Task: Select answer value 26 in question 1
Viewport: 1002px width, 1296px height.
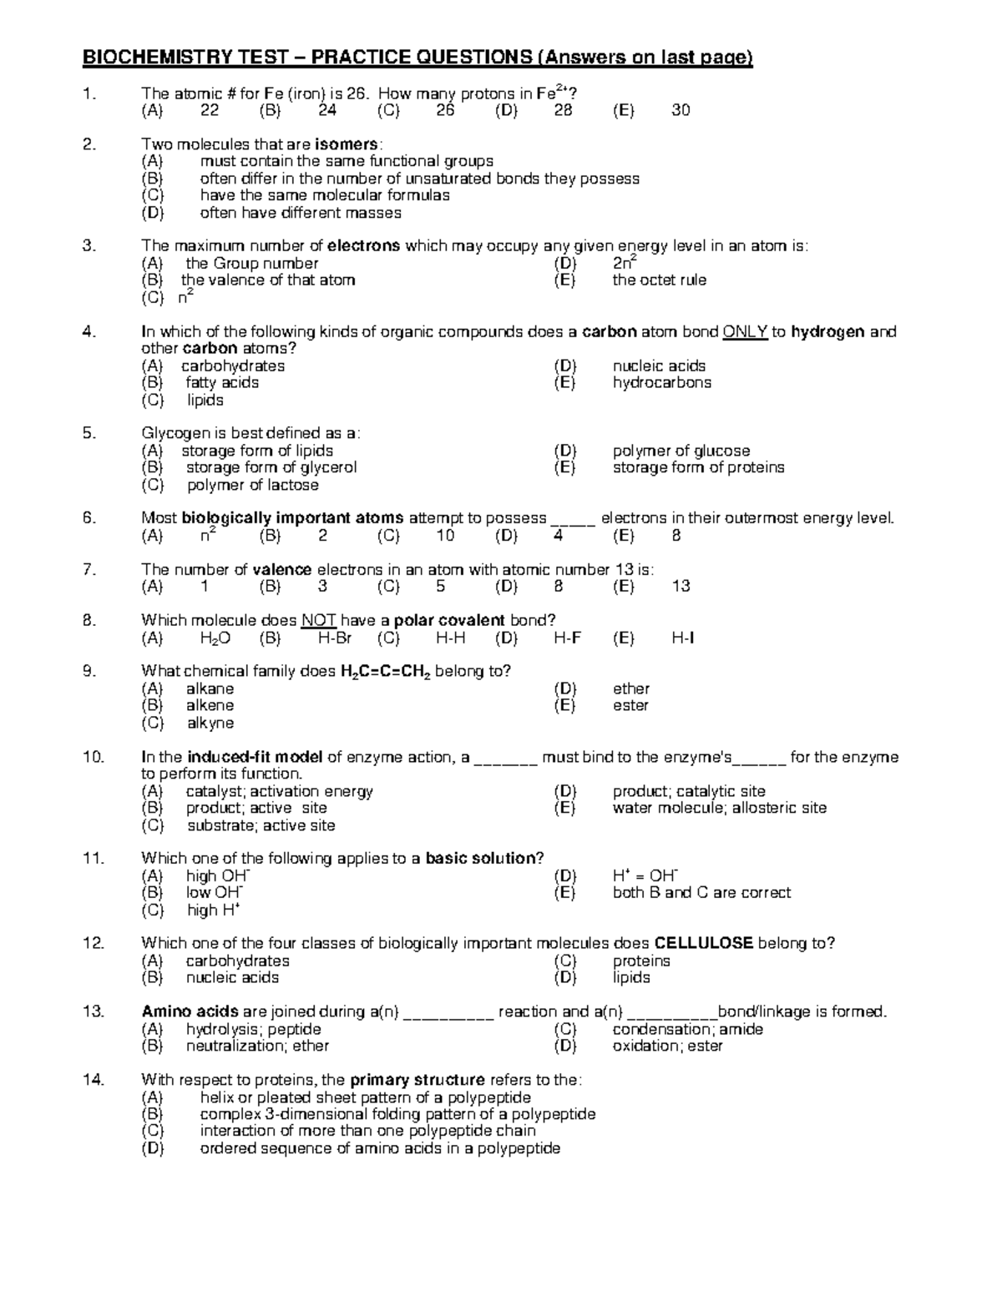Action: (x=445, y=110)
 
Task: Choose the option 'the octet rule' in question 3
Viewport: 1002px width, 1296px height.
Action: (x=659, y=280)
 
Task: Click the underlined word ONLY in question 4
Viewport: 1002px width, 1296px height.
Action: (x=745, y=332)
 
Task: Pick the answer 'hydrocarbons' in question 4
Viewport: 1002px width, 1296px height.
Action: (x=661, y=383)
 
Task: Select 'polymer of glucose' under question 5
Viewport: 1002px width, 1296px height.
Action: (x=681, y=451)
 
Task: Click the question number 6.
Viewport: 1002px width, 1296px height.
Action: (x=90, y=518)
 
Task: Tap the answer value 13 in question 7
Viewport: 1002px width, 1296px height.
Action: (x=681, y=587)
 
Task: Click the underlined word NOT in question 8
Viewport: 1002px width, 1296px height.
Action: (x=318, y=621)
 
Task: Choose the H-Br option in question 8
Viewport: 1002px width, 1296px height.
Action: (x=335, y=638)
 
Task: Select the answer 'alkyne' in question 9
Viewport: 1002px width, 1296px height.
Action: (x=210, y=724)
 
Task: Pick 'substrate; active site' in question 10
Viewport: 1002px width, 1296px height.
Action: (x=261, y=826)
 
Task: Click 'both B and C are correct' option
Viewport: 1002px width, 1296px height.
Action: (x=701, y=893)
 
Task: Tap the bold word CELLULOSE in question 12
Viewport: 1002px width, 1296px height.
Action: (x=704, y=944)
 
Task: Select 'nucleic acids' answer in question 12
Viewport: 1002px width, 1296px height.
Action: (x=232, y=978)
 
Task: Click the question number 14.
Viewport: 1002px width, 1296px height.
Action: (x=93, y=1080)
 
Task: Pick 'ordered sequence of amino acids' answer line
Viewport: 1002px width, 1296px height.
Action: (x=380, y=1149)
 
